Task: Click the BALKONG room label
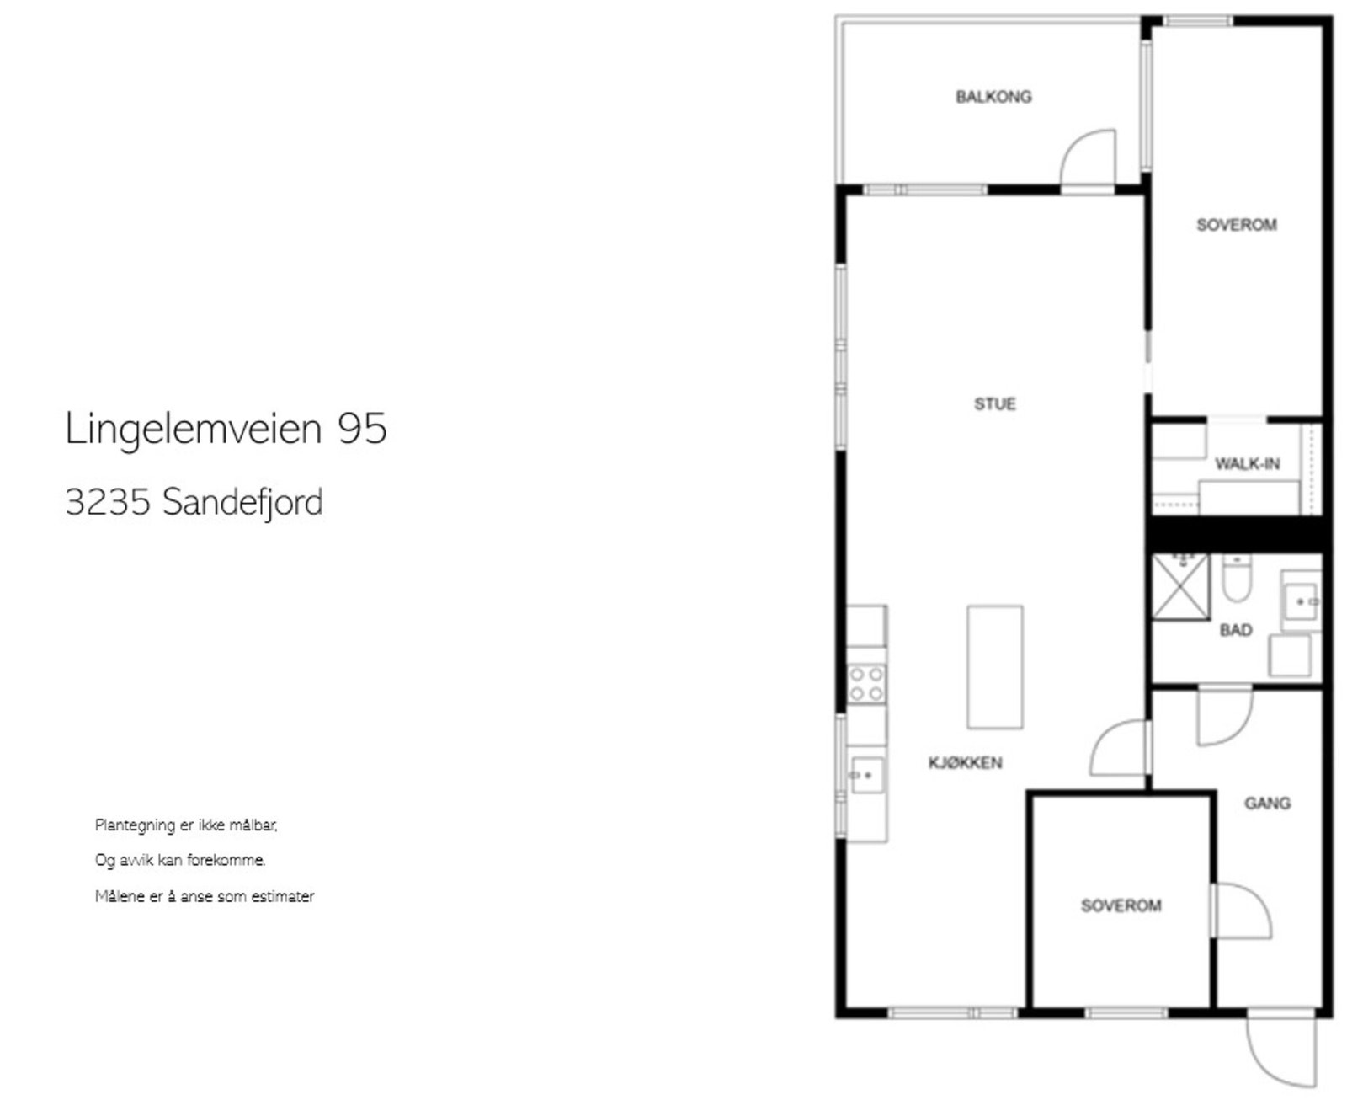(x=993, y=97)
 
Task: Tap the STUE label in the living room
(x=995, y=404)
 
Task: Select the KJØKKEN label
(x=965, y=763)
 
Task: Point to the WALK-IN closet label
(x=1247, y=464)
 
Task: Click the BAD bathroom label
(x=1236, y=630)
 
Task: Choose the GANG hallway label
(x=1267, y=804)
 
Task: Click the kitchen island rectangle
(x=994, y=666)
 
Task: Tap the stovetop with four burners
(x=866, y=683)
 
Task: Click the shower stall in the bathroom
(x=1180, y=587)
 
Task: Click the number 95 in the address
(x=362, y=429)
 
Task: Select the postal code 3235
(x=108, y=503)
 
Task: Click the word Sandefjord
(x=242, y=503)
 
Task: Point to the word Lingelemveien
(x=194, y=429)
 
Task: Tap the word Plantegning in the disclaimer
(x=135, y=825)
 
